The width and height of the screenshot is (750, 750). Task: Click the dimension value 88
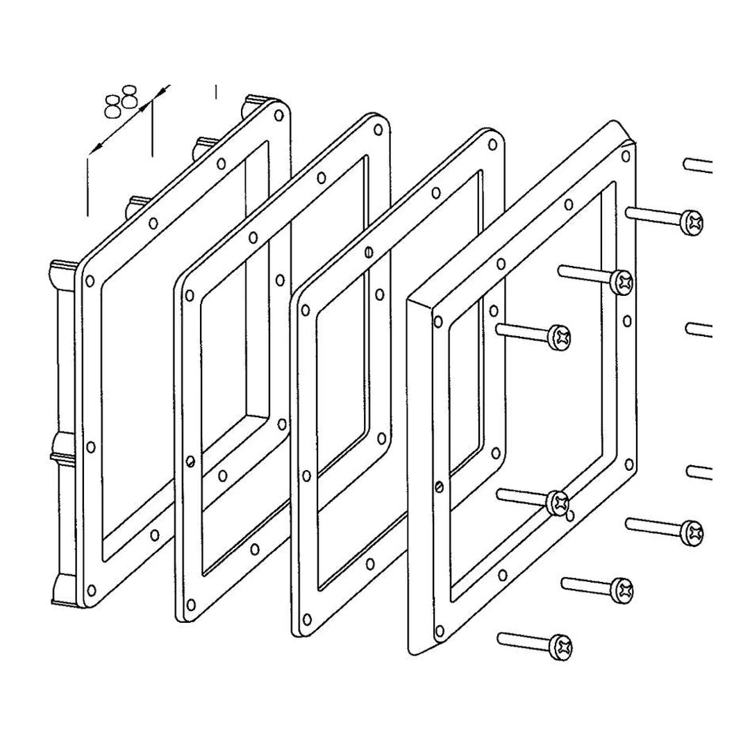click(x=121, y=101)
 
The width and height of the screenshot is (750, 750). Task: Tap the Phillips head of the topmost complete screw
click(x=692, y=222)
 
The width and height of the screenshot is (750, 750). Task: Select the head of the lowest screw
click(x=562, y=647)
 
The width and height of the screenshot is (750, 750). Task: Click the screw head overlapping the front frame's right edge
click(x=622, y=281)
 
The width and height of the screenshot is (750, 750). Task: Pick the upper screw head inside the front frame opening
click(x=560, y=338)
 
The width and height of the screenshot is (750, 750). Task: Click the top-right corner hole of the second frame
click(x=379, y=130)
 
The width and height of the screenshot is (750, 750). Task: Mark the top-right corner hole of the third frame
click(x=492, y=145)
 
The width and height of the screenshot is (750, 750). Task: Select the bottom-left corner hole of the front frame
click(x=439, y=631)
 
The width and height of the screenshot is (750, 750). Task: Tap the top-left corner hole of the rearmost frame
click(x=89, y=281)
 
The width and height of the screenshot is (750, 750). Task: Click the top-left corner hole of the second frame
click(x=189, y=295)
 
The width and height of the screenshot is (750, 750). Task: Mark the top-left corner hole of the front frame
click(x=437, y=321)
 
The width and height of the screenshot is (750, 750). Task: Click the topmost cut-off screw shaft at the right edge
click(x=698, y=165)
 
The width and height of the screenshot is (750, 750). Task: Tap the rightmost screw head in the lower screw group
click(x=692, y=532)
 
